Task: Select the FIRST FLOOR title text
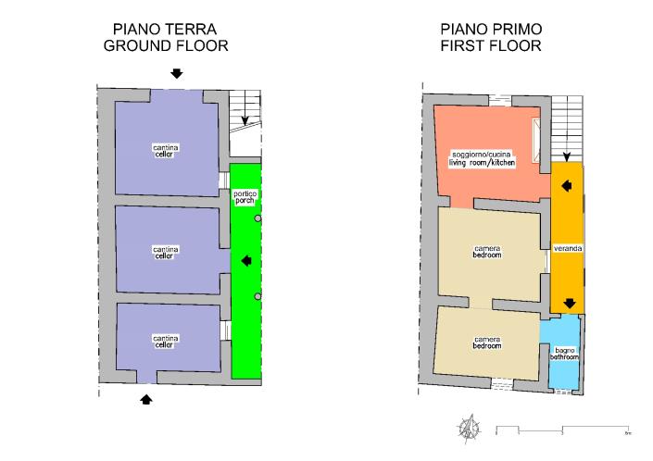(491, 45)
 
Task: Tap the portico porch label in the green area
(245, 195)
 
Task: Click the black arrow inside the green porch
(245, 261)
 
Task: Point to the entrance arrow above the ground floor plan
(176, 73)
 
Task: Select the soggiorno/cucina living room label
(482, 157)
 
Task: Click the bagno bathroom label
(564, 353)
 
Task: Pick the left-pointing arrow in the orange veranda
(568, 186)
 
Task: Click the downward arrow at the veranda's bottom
(569, 303)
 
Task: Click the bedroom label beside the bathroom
(487, 342)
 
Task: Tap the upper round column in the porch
(258, 218)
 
